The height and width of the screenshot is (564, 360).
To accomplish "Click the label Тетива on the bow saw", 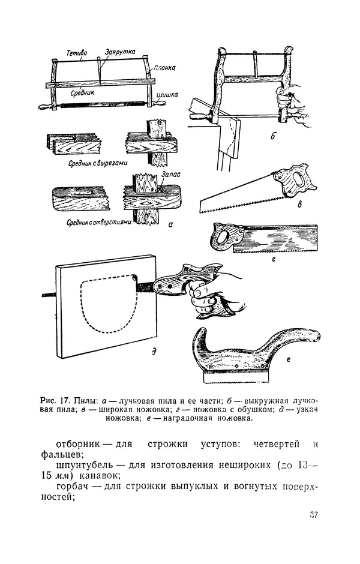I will point(77,52).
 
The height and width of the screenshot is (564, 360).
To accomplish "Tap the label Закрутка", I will point(120,52).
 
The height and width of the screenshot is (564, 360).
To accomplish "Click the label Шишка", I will point(165,94).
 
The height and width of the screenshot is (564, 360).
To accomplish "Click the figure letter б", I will point(272,137).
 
